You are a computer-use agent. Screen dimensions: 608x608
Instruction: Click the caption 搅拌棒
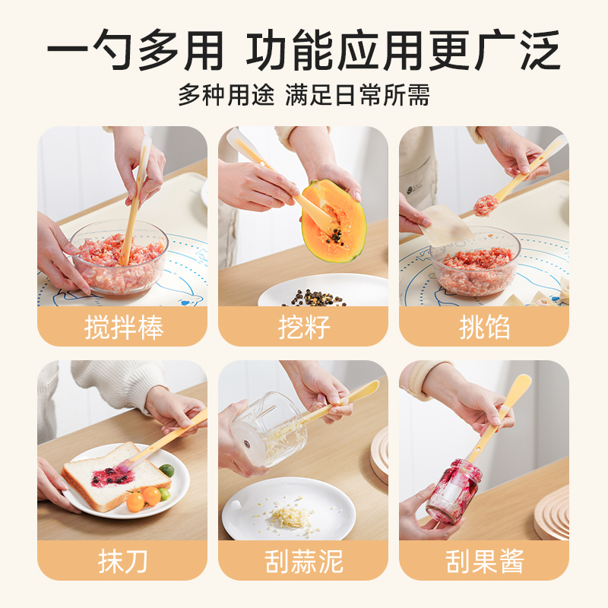pos(124,328)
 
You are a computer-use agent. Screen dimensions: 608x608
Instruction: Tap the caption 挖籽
pos(304,328)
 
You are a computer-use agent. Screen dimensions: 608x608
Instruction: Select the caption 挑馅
pos(484,328)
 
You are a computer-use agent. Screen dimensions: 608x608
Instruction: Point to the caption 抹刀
pos(123,561)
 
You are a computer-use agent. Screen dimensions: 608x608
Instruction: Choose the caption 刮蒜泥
pos(304,561)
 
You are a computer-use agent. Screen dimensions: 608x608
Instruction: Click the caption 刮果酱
pos(485,561)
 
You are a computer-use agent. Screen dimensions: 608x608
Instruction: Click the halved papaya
pos(334,221)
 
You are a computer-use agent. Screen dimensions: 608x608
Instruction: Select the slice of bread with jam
pos(116,477)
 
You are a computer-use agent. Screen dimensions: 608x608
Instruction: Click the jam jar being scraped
pos(454,492)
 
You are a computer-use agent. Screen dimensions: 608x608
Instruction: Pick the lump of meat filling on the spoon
pos(486,205)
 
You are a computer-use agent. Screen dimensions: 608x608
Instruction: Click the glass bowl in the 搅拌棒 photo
pos(119,257)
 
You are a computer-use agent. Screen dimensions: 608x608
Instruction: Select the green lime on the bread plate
pos(166,470)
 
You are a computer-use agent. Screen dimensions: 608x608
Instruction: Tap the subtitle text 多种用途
pos(226,94)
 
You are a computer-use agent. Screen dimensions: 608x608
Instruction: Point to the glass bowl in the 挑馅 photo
pos(475,261)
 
